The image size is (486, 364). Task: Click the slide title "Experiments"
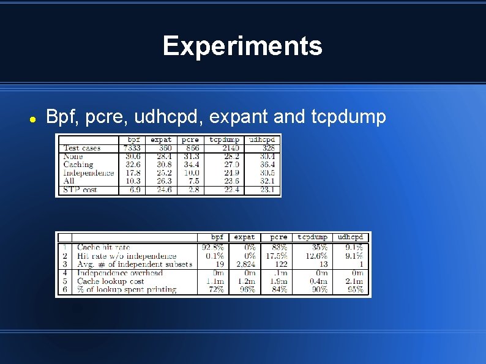point(242,46)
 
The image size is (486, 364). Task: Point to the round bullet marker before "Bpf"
point(34,117)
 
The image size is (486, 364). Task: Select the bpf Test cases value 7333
point(132,148)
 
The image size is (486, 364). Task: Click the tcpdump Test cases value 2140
point(230,148)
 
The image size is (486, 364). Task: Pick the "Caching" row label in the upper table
point(78,165)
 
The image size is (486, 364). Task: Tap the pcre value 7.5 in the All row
point(194,181)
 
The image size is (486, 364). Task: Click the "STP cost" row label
point(80,190)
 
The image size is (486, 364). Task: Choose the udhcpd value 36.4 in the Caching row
point(267,165)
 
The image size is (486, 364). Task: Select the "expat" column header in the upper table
point(161,139)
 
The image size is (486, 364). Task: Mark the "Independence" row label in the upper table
point(89,173)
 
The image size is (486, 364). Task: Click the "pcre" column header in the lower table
point(279,237)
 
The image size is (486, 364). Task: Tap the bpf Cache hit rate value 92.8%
point(213,247)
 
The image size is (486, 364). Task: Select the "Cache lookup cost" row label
point(111,281)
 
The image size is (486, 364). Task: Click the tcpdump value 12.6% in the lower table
point(316,256)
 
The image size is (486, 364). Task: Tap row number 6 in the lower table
point(64,290)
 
